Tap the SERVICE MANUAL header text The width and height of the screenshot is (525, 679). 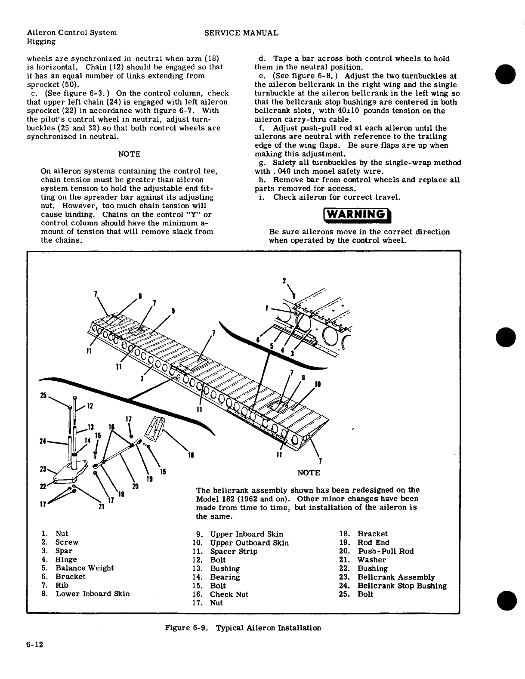[x=241, y=33]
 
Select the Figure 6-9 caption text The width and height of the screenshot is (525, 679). [x=243, y=628]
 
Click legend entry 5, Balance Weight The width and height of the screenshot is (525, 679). [x=84, y=568]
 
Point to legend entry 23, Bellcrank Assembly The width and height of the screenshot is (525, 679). [x=396, y=577]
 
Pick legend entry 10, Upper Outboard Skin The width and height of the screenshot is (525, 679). [x=249, y=543]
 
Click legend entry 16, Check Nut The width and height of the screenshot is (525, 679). [x=229, y=594]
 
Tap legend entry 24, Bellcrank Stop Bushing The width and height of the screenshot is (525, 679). [x=401, y=586]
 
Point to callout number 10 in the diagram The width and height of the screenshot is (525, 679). [x=318, y=384]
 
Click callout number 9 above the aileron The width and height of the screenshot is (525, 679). [x=173, y=311]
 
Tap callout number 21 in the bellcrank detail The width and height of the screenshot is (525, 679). [x=102, y=506]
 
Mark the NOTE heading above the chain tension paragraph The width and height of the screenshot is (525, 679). [x=129, y=154]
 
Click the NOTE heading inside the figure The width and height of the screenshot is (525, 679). [x=309, y=473]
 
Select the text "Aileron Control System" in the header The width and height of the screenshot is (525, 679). [x=71, y=33]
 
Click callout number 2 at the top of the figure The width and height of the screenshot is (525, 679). [x=284, y=281]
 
